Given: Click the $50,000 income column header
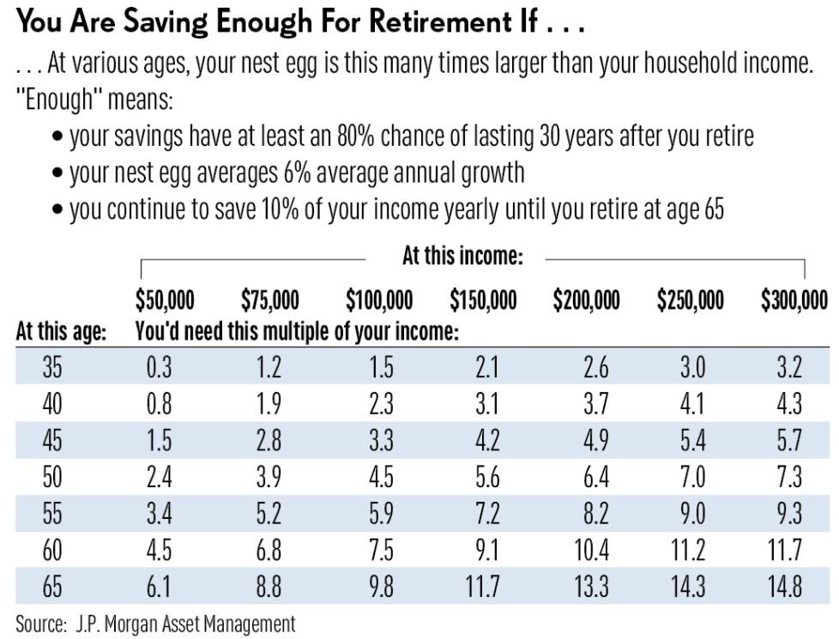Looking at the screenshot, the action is point(165,299).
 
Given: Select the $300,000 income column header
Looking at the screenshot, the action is point(794,299).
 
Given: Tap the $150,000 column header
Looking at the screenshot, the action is point(483,299).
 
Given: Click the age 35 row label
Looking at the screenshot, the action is point(52,367).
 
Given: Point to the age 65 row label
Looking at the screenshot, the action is point(52,587).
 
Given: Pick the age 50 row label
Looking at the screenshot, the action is point(52,477).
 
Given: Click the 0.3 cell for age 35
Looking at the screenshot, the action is point(160,367).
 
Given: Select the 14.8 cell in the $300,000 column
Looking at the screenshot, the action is point(785,587).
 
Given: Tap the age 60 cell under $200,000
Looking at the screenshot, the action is point(592,550).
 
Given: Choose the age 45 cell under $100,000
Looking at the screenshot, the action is point(381,441).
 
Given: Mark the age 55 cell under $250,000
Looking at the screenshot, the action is point(693,513).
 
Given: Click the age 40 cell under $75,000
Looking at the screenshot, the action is point(269,403).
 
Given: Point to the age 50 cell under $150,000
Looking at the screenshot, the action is point(487,477).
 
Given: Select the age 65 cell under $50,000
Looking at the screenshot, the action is point(159,587).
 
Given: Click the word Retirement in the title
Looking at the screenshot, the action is point(440,22).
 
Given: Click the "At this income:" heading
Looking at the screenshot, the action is point(462,256).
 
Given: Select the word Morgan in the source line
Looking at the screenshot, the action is point(130,624).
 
